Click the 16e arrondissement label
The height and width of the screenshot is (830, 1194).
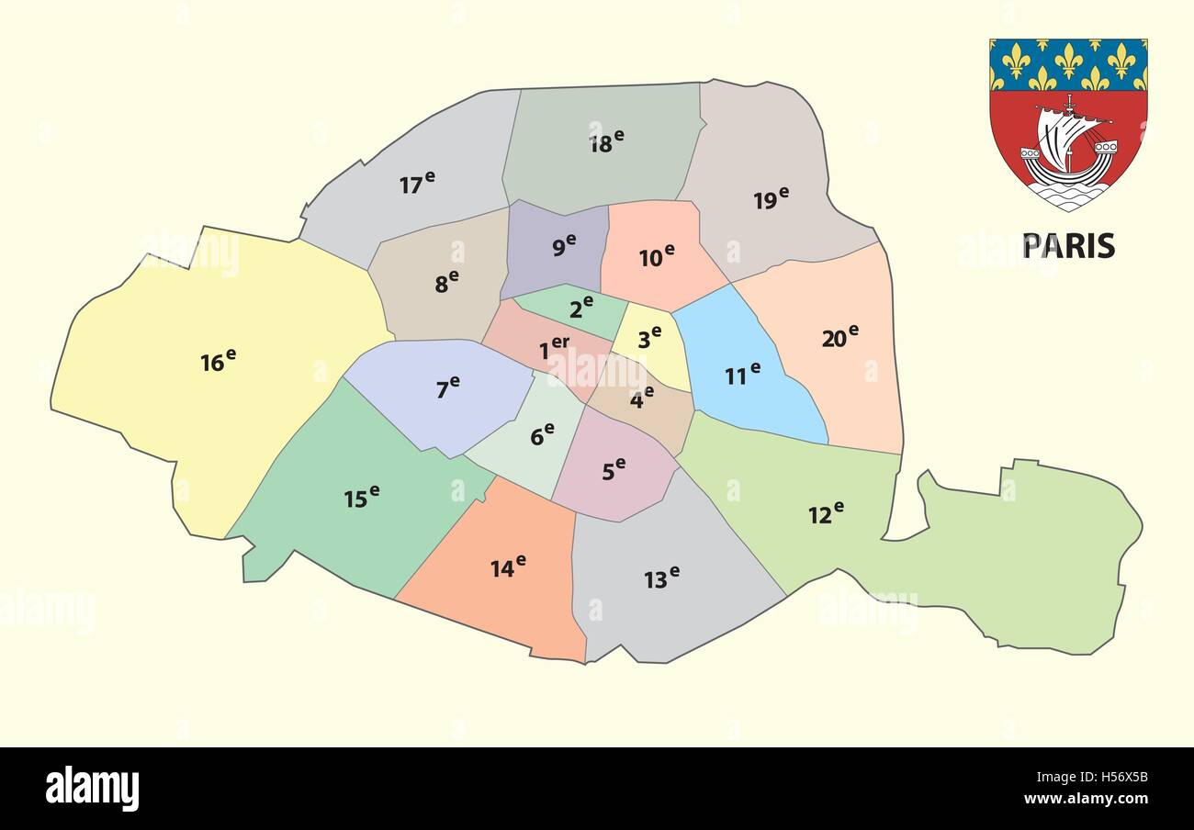pos(218,360)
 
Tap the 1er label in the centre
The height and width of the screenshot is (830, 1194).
pos(554,348)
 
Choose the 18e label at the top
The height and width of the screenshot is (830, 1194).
pos(606,141)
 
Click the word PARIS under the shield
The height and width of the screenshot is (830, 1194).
pos(1068,246)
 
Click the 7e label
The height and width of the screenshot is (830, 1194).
pos(447,387)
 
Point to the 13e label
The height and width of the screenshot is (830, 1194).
pos(661,578)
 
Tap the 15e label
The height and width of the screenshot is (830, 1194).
pos(361,497)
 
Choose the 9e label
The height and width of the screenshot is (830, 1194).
pos(564,245)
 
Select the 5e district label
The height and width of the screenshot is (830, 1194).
pos(614,469)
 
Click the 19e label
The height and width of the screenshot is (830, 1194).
pos(771,198)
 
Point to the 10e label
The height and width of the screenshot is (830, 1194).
pos(657,256)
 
